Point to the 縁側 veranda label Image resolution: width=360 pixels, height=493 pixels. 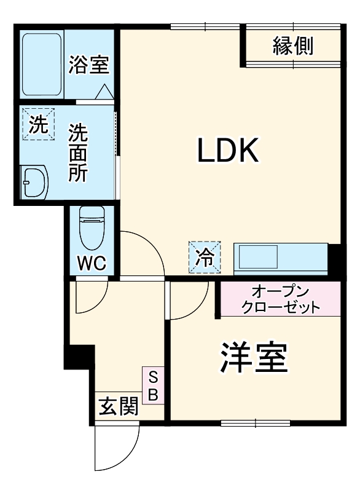[293, 45]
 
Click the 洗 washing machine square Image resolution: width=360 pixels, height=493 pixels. [38, 125]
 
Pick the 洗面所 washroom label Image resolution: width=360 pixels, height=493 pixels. [77, 152]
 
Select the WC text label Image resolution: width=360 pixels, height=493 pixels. [92, 263]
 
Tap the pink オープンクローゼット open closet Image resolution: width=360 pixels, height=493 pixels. [280, 299]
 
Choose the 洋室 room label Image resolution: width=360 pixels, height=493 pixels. [254, 358]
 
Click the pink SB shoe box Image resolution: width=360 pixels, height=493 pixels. [154, 385]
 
